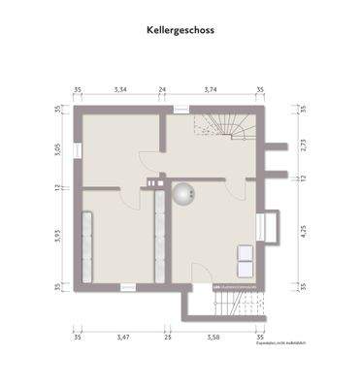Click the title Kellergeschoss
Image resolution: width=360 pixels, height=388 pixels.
pyautogui.click(x=180, y=31)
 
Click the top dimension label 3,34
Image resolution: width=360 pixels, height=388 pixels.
pyautogui.click(x=120, y=89)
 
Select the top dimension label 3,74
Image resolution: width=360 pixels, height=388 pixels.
pyautogui.click(x=211, y=89)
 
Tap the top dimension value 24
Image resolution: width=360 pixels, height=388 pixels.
pyautogui.click(x=162, y=89)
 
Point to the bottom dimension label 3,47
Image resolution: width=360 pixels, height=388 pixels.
pyautogui.click(x=122, y=337)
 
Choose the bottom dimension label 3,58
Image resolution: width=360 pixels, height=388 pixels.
pyautogui.click(x=214, y=337)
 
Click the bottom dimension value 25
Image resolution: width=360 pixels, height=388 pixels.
pyautogui.click(x=168, y=337)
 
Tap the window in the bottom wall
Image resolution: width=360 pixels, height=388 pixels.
pyautogui.click(x=126, y=287)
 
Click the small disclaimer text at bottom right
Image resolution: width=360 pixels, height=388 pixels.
pyautogui.click(x=278, y=343)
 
